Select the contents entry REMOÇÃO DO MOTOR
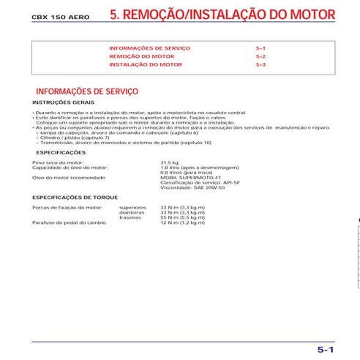142,56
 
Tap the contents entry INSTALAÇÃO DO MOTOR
146,65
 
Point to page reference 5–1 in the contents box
260,48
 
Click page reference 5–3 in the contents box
260,65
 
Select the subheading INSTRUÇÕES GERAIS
63,102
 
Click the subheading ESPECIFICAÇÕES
61,152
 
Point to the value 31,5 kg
169,162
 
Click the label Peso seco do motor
59,162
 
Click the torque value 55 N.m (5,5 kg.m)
182,217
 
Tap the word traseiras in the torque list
130,217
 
